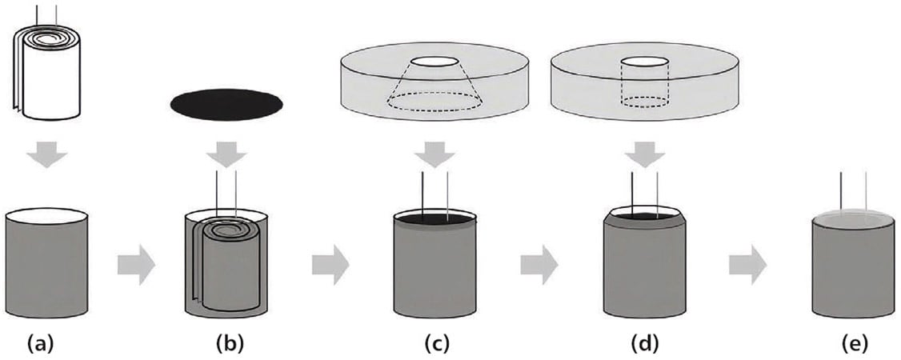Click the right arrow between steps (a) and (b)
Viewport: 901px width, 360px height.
point(134,266)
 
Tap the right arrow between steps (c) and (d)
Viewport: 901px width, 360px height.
point(539,266)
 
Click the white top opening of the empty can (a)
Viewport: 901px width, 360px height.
point(46,216)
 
